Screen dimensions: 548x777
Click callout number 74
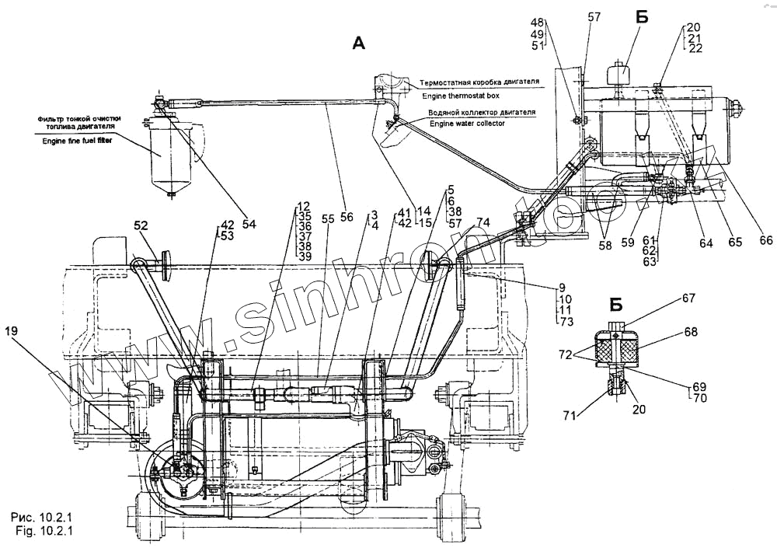[483, 222]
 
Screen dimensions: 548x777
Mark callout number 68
[690, 330]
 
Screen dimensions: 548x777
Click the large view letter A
[357, 44]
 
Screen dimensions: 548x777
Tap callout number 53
[227, 236]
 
